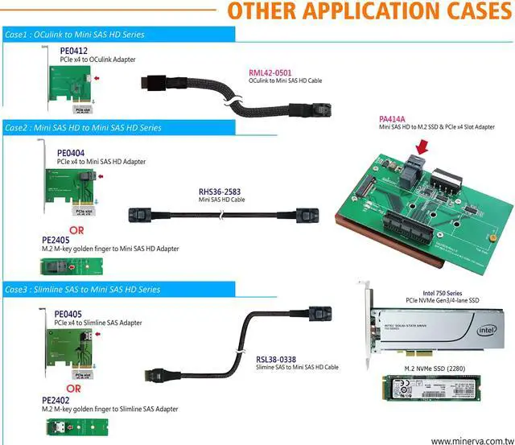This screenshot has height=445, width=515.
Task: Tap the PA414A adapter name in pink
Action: point(393,117)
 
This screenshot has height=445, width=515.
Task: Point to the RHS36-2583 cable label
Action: point(220,192)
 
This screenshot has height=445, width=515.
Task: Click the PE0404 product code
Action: point(71,152)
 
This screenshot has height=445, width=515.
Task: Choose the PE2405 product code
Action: point(55,239)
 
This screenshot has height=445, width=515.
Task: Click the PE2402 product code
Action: point(56,399)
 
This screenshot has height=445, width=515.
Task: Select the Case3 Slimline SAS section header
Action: point(80,289)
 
